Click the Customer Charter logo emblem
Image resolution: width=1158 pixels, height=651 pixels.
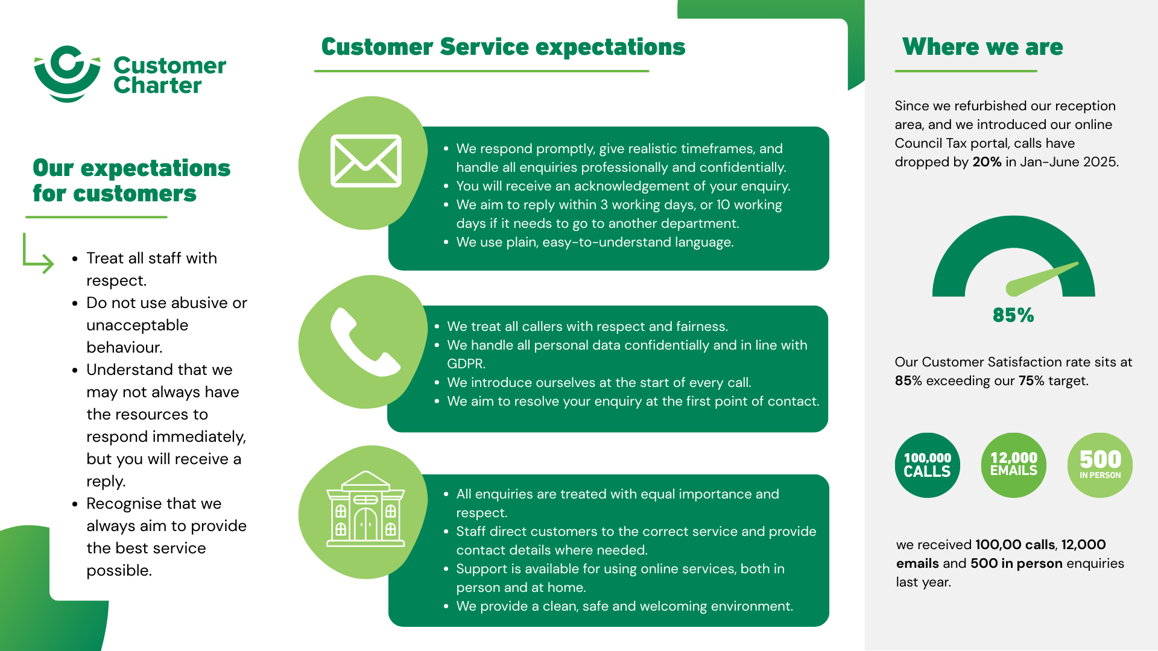point(67,74)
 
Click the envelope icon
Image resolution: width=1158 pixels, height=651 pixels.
point(365,161)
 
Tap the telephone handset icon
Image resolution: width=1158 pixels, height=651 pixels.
point(364,342)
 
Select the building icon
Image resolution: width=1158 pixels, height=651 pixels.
point(365,509)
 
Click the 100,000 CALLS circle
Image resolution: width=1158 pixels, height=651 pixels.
point(927,465)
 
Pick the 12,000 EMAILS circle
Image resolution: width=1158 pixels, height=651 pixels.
point(1013,465)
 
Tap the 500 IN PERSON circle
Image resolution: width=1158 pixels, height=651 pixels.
point(1099,465)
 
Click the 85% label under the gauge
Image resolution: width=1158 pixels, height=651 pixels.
point(1013,315)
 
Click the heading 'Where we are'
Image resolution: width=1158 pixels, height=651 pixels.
point(982,47)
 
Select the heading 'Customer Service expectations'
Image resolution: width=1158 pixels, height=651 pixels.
point(503,47)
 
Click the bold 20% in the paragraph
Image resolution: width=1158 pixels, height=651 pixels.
point(987,162)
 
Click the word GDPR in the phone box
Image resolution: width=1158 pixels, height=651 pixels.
point(466,364)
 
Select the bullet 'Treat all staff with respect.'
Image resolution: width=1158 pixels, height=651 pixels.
point(151,269)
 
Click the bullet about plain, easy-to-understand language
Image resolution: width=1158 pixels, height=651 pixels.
point(595,242)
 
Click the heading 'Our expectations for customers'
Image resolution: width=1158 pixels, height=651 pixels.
point(131,181)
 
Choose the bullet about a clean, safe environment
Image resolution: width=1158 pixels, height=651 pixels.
point(624,606)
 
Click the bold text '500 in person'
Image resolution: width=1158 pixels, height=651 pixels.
point(1016,564)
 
